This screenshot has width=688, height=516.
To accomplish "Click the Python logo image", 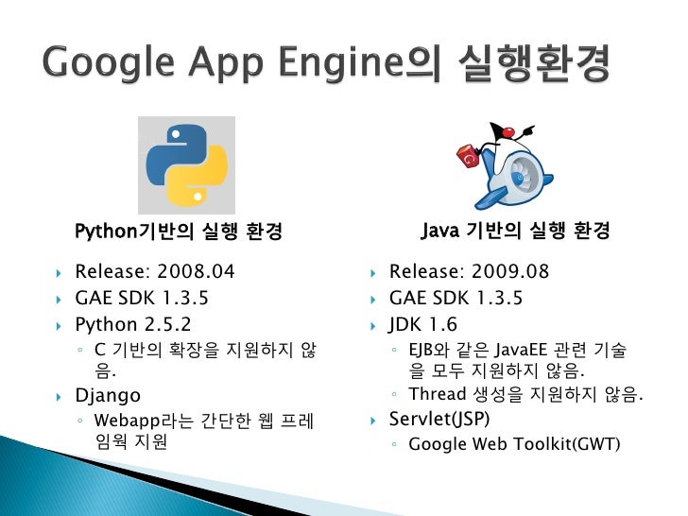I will coord(186,164).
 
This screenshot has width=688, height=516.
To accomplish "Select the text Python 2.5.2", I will coord(132,325).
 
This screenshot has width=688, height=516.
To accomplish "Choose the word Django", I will coord(108,395).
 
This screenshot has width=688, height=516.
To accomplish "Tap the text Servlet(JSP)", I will coord(439,418).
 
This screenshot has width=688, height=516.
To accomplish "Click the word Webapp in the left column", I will coord(126,420).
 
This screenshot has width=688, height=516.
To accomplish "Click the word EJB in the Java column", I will coord(421,351).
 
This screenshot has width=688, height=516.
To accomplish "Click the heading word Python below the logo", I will coord(106,232).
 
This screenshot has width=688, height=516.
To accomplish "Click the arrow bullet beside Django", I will coord(58,396).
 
